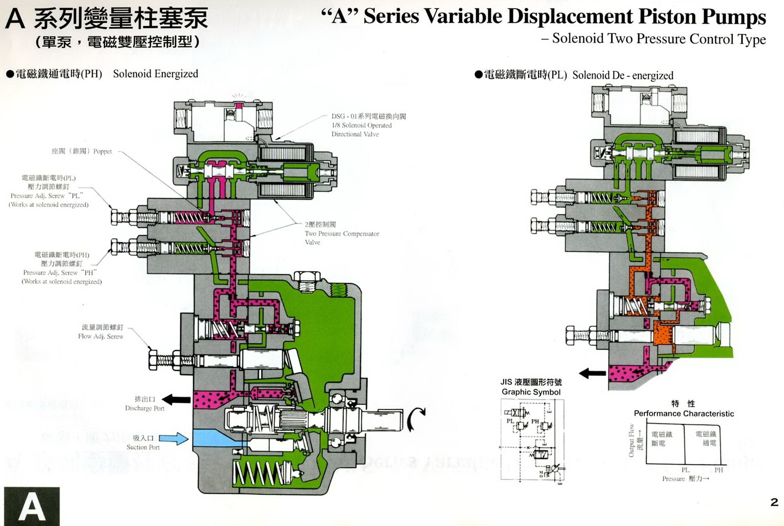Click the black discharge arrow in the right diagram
[x=592, y=373]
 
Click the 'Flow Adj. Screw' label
[x=101, y=336]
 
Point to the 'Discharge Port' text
[x=145, y=408]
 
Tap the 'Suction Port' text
[x=143, y=447]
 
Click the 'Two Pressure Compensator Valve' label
[x=342, y=234]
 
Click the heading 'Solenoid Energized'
[x=155, y=74]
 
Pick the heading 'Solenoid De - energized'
[x=623, y=75]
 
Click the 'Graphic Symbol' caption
[x=531, y=392]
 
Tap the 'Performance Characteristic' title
[x=683, y=414]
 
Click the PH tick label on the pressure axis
[x=719, y=470]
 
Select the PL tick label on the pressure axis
[x=685, y=470]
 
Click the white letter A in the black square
[x=32, y=507]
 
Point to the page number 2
[x=775, y=502]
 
